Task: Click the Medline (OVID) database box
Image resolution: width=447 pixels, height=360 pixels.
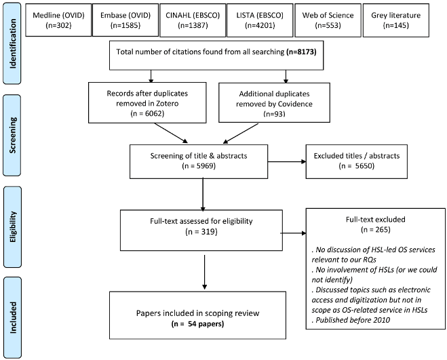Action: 58,20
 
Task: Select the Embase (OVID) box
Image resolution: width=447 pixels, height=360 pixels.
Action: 125,20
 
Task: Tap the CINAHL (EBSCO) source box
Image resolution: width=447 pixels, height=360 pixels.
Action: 193,20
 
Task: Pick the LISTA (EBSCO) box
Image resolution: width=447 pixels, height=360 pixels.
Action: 260,20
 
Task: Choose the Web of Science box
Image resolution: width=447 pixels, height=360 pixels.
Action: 328,20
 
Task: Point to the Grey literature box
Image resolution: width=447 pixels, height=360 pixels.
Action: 396,20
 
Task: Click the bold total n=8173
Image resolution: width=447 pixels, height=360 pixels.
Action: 301,52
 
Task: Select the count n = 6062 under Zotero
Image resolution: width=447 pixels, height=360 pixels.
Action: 147,113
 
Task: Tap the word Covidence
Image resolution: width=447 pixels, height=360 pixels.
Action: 295,104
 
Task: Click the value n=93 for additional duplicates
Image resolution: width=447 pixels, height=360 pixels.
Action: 274,114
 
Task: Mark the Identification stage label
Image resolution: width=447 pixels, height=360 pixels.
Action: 12,43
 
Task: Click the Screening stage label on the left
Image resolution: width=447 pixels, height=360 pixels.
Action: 12,135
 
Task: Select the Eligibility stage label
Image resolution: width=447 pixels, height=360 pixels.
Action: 12,227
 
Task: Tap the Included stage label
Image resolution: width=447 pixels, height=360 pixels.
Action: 12,317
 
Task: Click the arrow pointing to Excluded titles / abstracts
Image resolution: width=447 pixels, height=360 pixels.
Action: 287,161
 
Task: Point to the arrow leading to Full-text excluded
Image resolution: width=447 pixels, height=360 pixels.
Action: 293,233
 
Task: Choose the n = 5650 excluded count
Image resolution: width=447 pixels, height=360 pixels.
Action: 356,166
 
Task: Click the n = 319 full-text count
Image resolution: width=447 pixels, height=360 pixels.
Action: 201,231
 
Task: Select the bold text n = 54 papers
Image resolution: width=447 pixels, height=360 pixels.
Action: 197,324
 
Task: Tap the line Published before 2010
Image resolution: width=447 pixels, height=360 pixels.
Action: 351,320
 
